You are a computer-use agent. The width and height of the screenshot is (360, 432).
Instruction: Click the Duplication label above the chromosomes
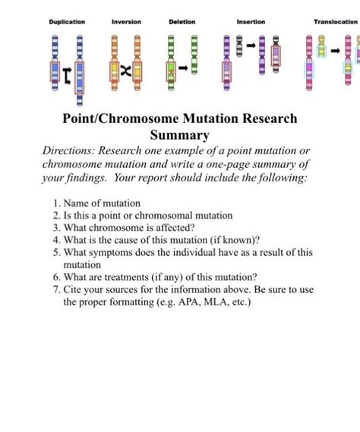point(67,22)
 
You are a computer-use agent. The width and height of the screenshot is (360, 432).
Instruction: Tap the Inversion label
point(126,22)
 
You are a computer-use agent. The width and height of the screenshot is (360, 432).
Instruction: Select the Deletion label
point(182,22)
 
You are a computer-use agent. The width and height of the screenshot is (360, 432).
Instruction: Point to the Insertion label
point(251,22)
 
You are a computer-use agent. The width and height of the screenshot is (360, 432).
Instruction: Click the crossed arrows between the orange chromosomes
point(126,70)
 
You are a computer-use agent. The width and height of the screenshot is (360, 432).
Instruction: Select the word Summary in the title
point(179,136)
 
